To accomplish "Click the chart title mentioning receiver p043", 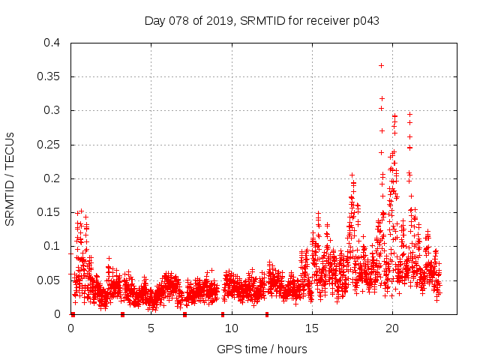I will [x=262, y=20].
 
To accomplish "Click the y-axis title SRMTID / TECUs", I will [x=10, y=178].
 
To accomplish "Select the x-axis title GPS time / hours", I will [x=262, y=349].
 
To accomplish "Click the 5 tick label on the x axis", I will [x=151, y=328].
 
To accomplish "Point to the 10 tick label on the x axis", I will [x=232, y=328].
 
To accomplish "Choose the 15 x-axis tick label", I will [x=312, y=328].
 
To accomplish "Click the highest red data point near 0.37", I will [x=381, y=65].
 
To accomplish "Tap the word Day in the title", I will [x=155, y=20].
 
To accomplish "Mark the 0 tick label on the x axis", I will [x=71, y=328].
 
